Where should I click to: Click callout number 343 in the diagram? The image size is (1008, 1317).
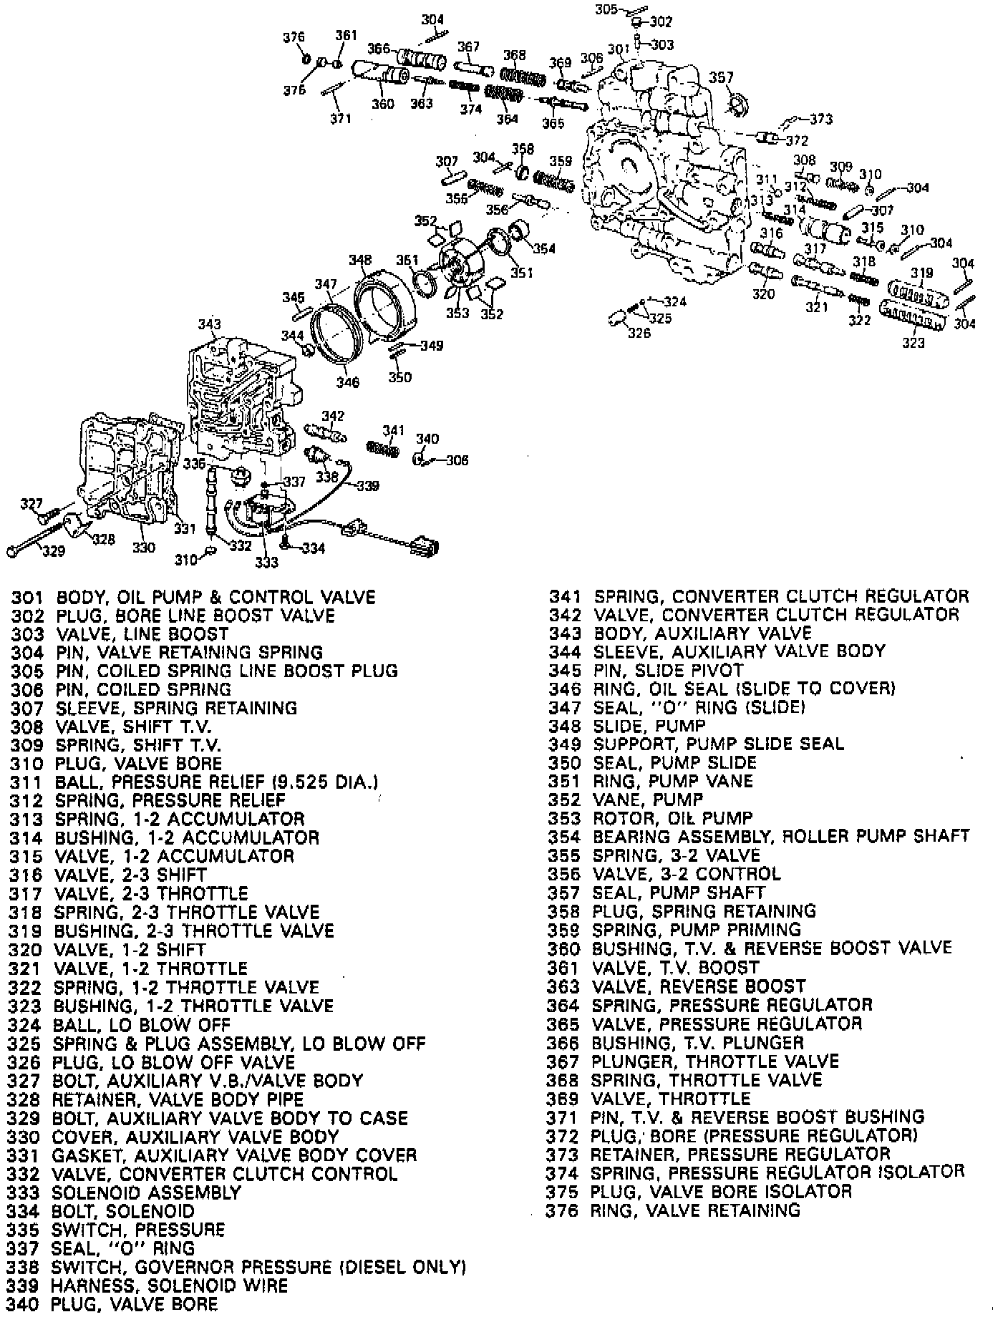click(209, 325)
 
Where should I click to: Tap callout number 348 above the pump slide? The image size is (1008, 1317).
click(360, 259)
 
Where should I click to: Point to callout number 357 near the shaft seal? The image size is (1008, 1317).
click(721, 77)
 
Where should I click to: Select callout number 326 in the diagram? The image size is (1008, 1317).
click(639, 333)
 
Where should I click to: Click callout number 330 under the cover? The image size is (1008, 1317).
click(143, 548)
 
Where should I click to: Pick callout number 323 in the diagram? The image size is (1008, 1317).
click(913, 343)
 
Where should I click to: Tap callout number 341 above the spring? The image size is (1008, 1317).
click(393, 430)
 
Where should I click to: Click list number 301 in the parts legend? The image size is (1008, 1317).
click(27, 597)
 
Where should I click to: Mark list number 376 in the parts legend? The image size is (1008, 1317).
click(562, 1210)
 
